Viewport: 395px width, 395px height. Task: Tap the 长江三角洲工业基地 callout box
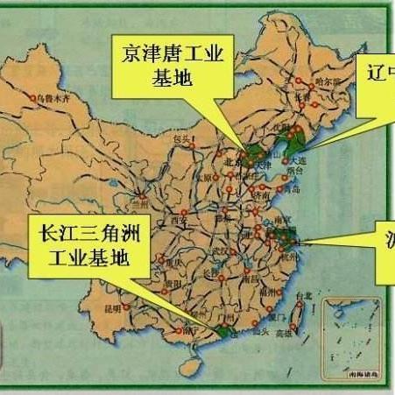pyautogui.click(x=83, y=244)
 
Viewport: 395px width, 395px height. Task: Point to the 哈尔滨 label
pyautogui.click(x=328, y=81)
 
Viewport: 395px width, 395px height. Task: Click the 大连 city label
pyautogui.click(x=300, y=161)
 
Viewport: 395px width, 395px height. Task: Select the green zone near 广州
pyautogui.click(x=223, y=331)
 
